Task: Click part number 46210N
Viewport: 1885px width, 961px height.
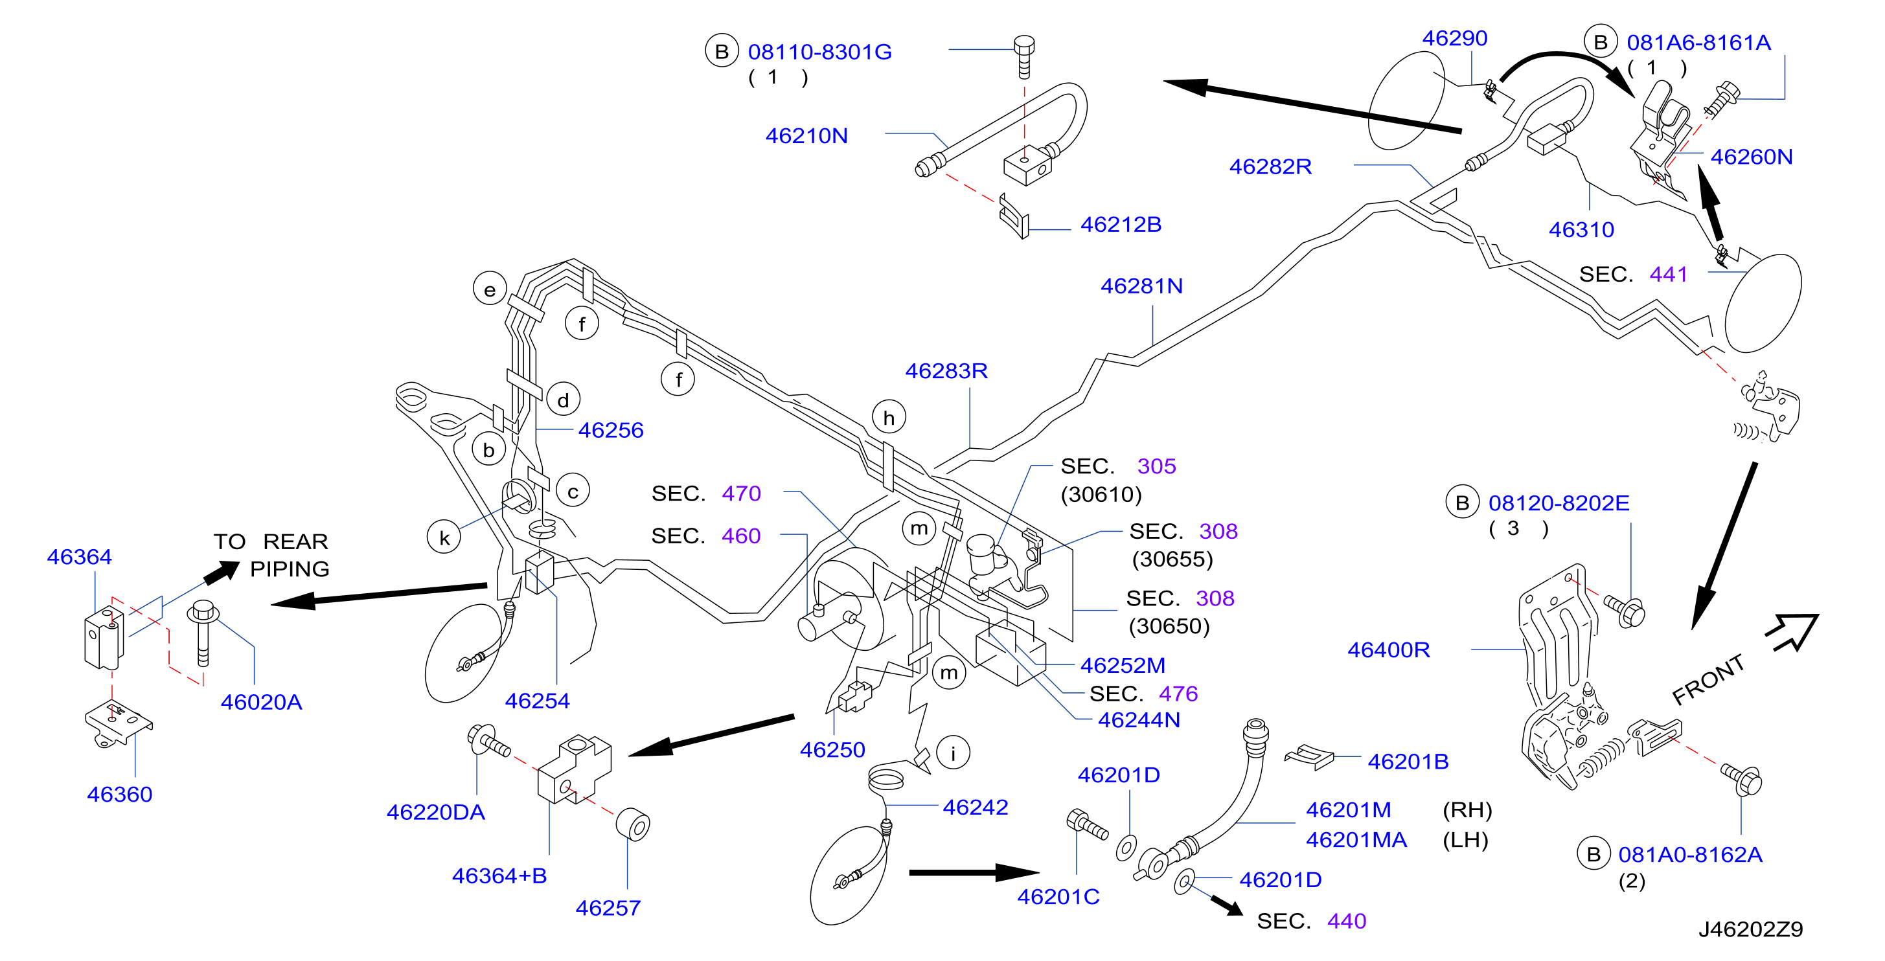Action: click(x=806, y=136)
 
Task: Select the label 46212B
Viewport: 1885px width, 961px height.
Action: click(x=1121, y=225)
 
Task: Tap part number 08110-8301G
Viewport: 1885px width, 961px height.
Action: click(x=819, y=52)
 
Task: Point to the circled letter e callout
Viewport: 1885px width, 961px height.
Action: click(x=490, y=289)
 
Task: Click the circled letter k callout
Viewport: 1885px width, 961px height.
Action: click(x=444, y=537)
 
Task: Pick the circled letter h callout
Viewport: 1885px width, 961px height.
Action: click(x=889, y=418)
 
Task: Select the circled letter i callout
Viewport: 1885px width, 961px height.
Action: click(x=953, y=752)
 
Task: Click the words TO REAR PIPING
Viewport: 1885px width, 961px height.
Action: click(x=271, y=555)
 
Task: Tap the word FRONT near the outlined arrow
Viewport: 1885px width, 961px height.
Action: click(x=1709, y=680)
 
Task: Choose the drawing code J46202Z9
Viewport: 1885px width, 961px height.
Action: click(x=1750, y=929)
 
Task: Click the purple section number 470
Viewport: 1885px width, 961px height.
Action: click(x=741, y=493)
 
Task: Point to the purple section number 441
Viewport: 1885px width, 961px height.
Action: click(x=1669, y=275)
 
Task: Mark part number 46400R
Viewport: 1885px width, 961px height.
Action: click(x=1389, y=650)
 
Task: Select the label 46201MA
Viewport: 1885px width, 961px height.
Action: click(x=1356, y=840)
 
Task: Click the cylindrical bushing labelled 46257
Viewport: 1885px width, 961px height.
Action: click(x=633, y=825)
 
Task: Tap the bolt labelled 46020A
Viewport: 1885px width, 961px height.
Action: click(x=203, y=633)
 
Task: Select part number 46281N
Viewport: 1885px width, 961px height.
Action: click(x=1141, y=286)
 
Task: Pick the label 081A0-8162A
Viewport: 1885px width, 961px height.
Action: click(x=1691, y=854)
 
